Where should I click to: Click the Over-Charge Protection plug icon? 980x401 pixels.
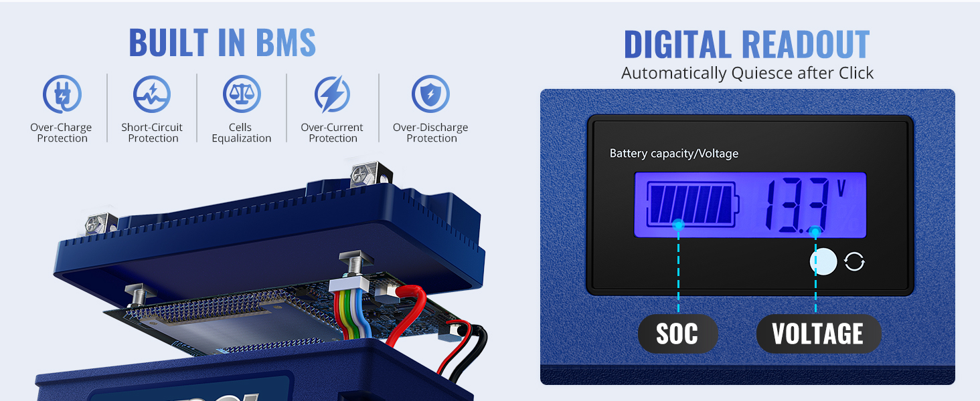pos(62,94)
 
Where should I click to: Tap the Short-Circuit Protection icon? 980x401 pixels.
pos(152,94)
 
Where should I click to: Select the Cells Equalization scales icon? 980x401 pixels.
pos(242,94)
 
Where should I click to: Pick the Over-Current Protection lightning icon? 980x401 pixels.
pos(333,94)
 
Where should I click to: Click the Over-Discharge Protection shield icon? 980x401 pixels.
pos(430,94)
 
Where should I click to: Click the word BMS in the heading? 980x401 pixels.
pos(276,43)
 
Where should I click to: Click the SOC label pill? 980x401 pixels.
pos(677,333)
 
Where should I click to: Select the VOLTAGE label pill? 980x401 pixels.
pos(818,333)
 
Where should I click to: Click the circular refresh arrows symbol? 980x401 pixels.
pos(854,262)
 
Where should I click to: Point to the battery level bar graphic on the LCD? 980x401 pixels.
pos(693,205)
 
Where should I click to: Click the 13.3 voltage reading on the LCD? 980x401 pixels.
pos(797,206)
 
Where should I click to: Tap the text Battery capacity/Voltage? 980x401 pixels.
pos(673,154)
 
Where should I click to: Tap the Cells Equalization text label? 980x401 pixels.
pos(242,133)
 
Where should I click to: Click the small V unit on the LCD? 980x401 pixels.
pos(841,188)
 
